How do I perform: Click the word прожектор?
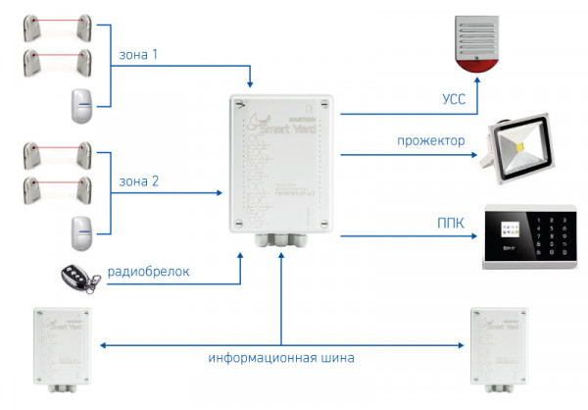tap(430, 140)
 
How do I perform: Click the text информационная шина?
tap(280, 358)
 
